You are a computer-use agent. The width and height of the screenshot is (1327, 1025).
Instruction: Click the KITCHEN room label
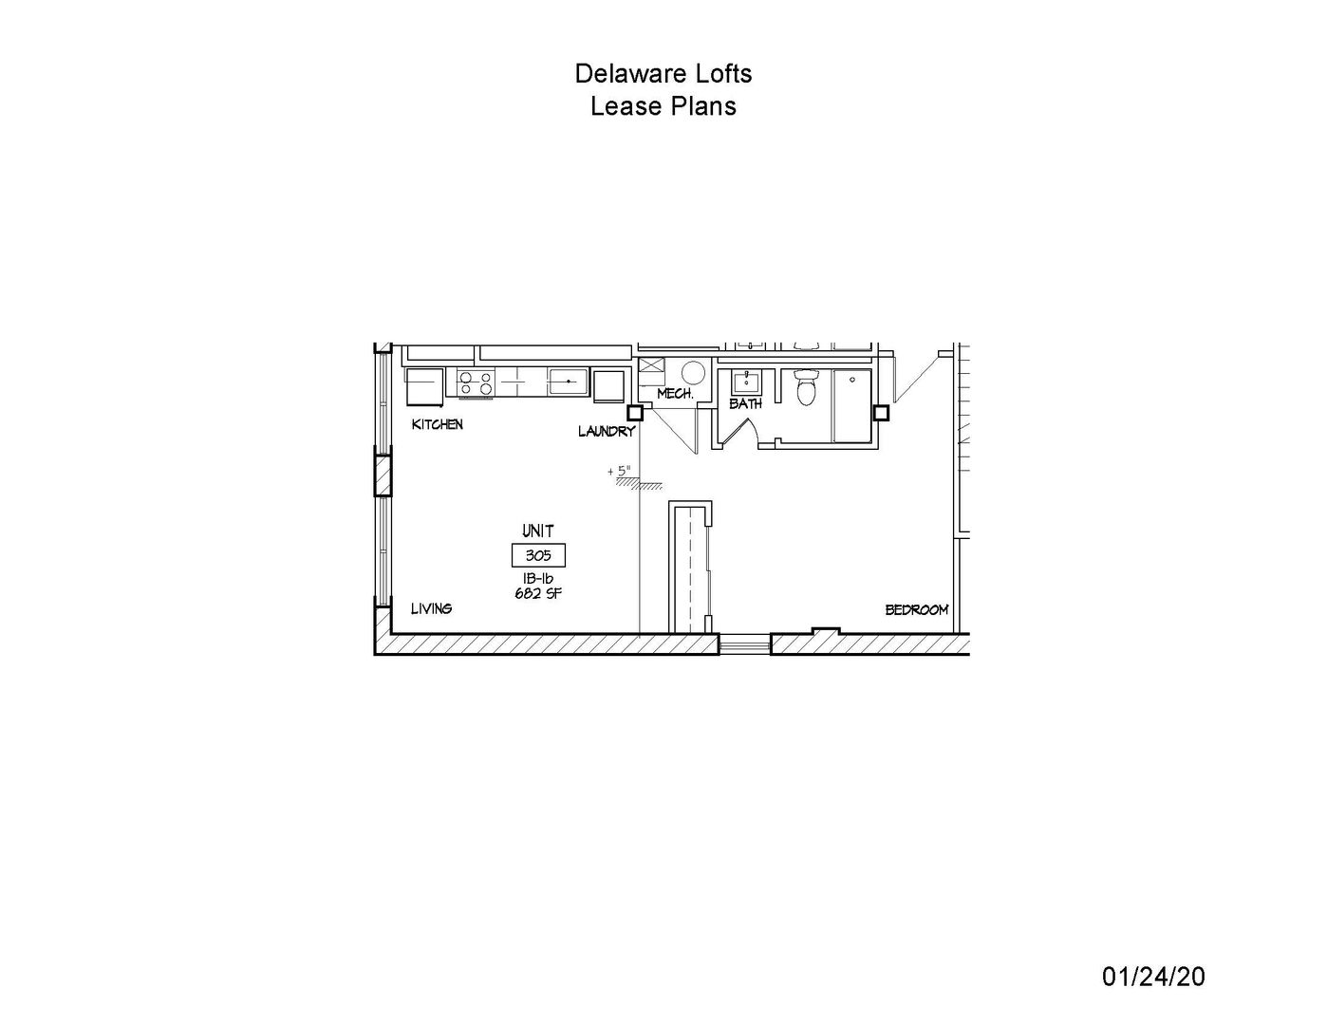pos(438,424)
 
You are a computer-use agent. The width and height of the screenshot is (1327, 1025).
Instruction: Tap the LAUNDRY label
pos(607,432)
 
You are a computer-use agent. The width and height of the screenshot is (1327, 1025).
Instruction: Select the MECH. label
pos(675,394)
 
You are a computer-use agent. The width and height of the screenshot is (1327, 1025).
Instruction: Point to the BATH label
pos(746,403)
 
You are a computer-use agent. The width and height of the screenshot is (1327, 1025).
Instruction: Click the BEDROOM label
pos(917,610)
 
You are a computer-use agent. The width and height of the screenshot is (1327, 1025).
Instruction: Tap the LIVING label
pos(431,608)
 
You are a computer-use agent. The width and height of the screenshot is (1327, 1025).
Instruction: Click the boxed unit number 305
pos(538,555)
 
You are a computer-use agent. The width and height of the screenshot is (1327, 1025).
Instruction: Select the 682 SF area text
pos(538,593)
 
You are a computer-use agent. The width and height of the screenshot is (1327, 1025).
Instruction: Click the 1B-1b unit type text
pos(538,578)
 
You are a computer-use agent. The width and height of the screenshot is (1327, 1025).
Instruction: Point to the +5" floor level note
pos(619,472)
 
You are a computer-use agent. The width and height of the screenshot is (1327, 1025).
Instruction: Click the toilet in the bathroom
pos(806,387)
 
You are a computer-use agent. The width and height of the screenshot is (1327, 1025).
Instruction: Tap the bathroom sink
pos(746,382)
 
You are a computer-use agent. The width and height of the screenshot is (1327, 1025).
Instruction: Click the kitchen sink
pos(568,382)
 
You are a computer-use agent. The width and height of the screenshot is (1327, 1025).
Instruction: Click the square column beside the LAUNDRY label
pos(635,413)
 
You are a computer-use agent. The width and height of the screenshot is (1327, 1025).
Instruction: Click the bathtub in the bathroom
pos(852,405)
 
